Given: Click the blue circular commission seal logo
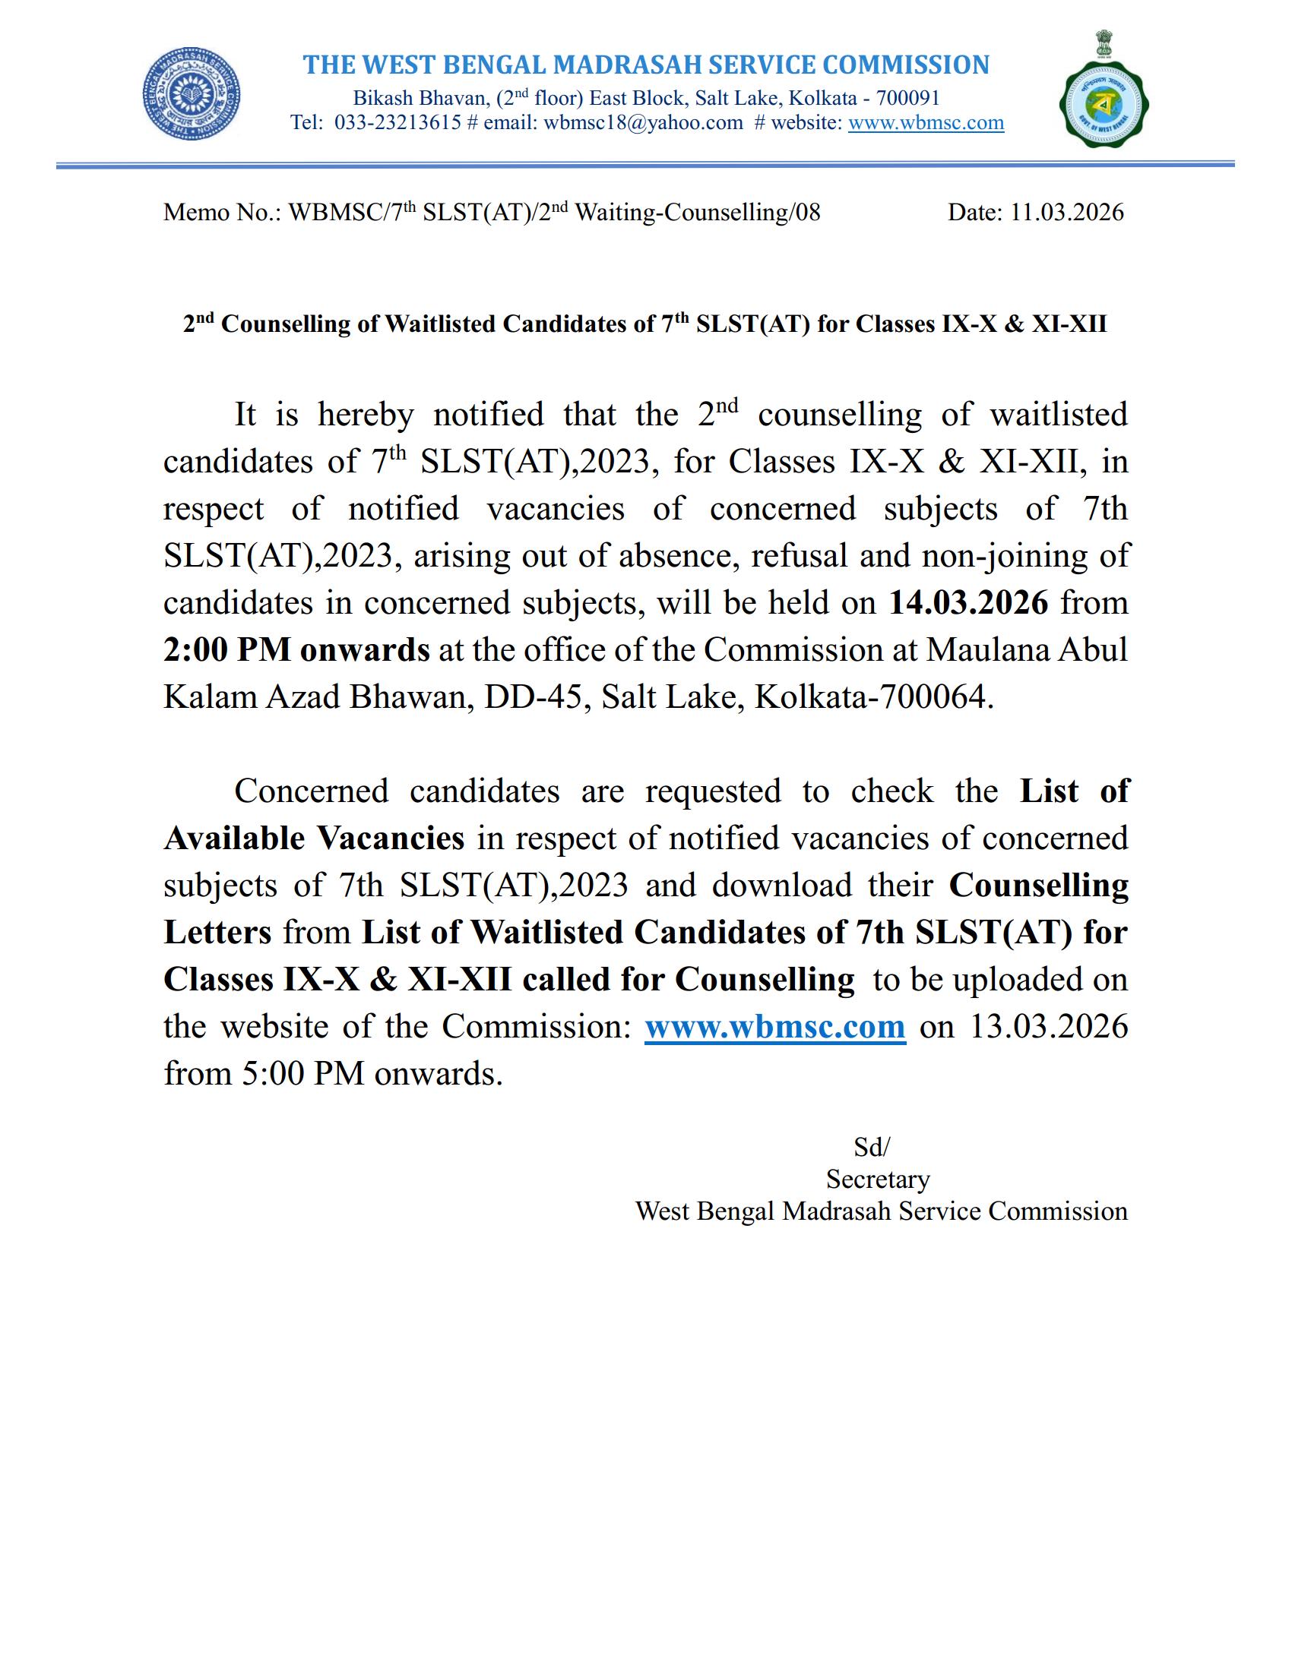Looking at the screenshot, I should (192, 94).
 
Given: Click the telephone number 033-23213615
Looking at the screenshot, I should (397, 123).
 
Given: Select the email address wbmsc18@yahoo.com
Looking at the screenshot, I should (643, 123).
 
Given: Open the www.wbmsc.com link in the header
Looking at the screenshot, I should (926, 123).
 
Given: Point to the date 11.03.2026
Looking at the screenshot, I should (1066, 213).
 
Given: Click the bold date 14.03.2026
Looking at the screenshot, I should (967, 603).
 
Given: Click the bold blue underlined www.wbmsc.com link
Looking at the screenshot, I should (774, 1026).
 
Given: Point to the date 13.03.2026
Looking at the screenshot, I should (1049, 1026).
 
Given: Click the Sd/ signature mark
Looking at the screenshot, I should (871, 1147).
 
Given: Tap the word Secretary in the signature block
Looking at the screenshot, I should (877, 1179).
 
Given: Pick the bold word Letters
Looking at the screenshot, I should (217, 932).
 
